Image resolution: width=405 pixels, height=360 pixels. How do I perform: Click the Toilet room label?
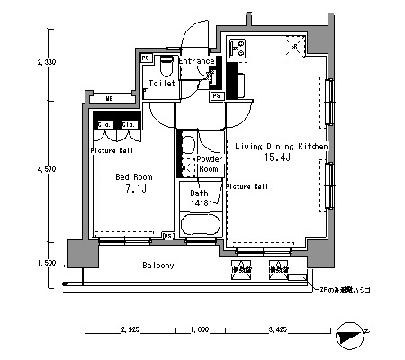point(163,83)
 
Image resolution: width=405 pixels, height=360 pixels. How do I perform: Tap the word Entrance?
point(196,60)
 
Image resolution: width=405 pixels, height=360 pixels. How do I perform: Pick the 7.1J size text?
point(132,191)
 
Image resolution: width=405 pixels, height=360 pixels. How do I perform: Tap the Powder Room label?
point(209,164)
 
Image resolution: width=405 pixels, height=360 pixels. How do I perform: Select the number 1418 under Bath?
point(200,204)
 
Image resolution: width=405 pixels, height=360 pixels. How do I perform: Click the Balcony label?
point(158,266)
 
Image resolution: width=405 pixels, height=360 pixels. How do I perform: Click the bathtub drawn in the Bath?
point(199,225)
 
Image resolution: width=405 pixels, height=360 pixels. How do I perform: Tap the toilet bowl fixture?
point(164,66)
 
